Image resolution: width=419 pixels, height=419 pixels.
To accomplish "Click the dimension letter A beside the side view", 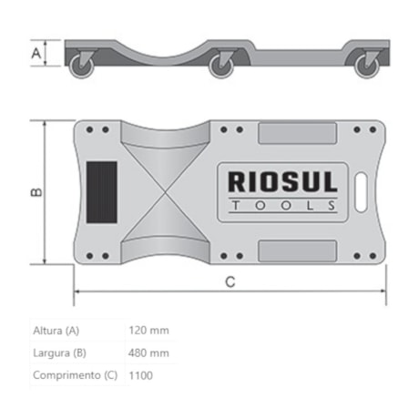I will point(37,54).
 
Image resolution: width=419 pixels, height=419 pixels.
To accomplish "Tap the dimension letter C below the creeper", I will point(230,281).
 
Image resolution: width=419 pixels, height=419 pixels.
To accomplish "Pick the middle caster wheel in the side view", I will point(221,65).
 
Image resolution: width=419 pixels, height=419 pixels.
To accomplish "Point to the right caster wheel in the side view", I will point(367,64).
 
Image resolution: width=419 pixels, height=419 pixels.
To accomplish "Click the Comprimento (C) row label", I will point(74,374).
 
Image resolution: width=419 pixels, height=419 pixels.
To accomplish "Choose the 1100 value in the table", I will point(141,374).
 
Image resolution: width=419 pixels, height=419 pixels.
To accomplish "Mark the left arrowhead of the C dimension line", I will point(77,292).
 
